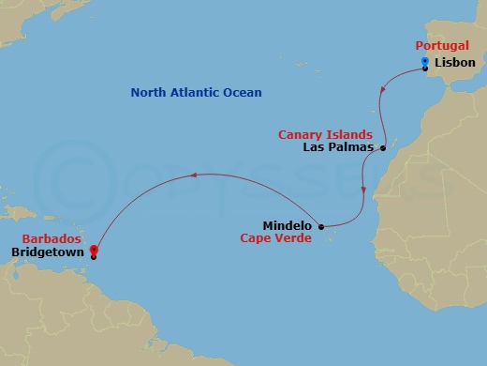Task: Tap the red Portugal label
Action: click(x=443, y=45)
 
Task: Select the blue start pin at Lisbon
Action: click(x=425, y=64)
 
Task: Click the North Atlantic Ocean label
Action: click(x=196, y=93)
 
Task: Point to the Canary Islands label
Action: click(x=325, y=135)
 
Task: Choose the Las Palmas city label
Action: click(x=339, y=148)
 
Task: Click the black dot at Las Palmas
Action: click(x=383, y=148)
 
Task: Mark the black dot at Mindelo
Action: click(x=321, y=226)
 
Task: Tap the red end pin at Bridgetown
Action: click(x=94, y=250)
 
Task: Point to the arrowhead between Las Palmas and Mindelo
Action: click(x=363, y=189)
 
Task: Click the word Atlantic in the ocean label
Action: click(x=195, y=93)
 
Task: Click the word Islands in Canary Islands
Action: click(x=350, y=135)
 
